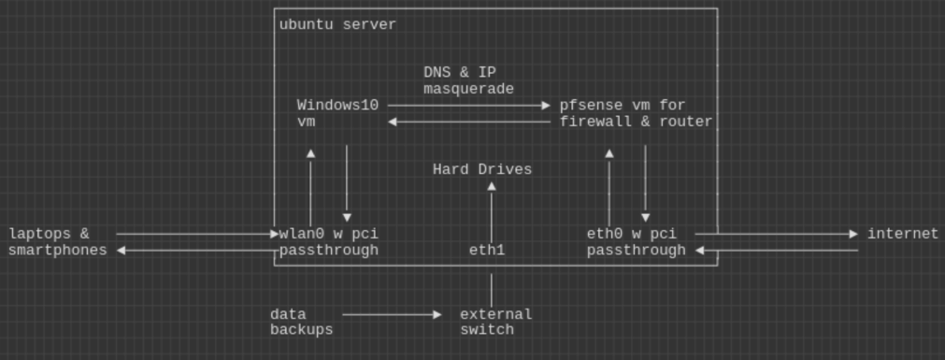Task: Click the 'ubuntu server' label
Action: point(337,24)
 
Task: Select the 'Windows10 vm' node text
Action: point(337,113)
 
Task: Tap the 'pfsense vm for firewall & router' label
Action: point(636,113)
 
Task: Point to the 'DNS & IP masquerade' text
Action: point(468,80)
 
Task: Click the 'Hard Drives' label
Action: point(481,169)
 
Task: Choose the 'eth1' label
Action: point(487,250)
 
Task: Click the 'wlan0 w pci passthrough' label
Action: point(328,241)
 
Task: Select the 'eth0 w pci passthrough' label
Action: point(636,241)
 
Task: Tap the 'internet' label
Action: point(902,234)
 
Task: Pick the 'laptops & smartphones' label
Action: point(57,241)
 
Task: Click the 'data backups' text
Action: point(301,322)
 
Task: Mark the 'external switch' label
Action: point(495,322)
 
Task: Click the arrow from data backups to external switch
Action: point(392,315)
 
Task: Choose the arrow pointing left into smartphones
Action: point(196,250)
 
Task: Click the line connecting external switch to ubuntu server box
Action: point(492,289)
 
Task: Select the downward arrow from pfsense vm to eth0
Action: point(645,182)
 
